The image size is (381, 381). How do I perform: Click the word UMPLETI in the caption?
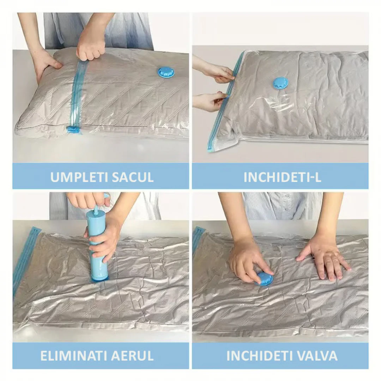click(x=75, y=177)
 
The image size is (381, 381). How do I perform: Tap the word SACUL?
click(x=129, y=177)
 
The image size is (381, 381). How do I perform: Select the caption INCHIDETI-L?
click(x=282, y=177)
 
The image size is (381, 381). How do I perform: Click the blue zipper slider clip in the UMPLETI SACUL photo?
click(x=73, y=129)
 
